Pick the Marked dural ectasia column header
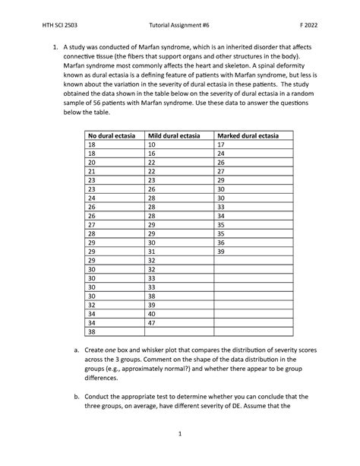pos(248,135)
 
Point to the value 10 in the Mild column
pos(152,144)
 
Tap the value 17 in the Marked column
pos(222,144)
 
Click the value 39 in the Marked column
pos(222,251)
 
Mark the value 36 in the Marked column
pos(222,242)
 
